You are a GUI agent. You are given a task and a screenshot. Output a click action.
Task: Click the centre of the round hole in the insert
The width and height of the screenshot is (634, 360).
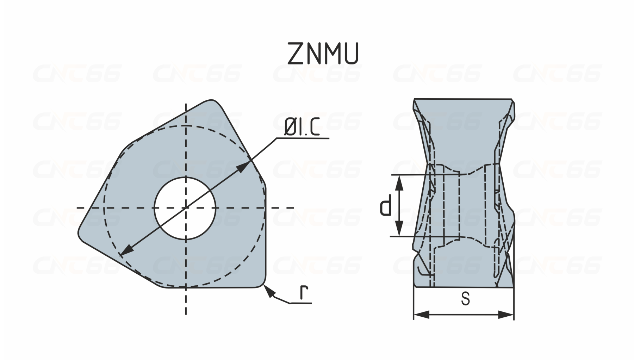[185, 208]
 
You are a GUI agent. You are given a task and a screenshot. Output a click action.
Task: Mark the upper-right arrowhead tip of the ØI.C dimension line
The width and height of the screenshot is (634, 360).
[249, 161]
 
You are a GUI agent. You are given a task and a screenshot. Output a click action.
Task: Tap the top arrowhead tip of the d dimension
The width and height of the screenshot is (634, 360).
[399, 175]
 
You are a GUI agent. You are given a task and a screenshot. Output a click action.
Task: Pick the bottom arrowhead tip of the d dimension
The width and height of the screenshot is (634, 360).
[399, 236]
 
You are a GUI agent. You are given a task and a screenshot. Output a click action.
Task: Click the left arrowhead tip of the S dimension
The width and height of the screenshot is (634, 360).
[414, 315]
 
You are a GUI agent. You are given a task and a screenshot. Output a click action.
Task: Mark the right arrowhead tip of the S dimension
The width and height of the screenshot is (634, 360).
[514, 315]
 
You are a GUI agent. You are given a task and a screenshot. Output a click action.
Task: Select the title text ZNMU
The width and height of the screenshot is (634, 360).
[323, 54]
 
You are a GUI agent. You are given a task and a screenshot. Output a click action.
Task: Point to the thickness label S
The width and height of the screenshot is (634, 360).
[465, 299]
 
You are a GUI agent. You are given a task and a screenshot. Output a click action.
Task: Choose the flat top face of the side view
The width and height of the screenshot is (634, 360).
[463, 99]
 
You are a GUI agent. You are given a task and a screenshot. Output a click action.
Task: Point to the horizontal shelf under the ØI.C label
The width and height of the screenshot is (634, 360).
[303, 138]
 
